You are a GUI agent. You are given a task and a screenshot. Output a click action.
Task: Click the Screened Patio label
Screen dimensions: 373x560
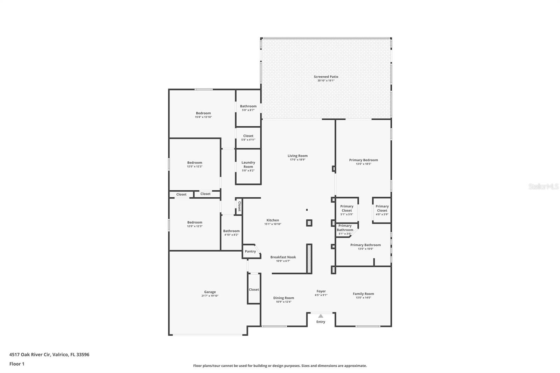(x=326, y=77)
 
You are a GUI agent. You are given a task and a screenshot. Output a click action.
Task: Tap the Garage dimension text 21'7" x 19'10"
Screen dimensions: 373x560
(x=210, y=296)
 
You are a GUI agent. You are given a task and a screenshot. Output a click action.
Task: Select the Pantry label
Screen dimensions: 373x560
(x=250, y=251)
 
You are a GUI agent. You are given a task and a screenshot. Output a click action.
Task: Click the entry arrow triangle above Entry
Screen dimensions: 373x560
(x=321, y=316)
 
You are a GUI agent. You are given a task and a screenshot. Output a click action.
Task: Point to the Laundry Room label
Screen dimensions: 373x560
(x=248, y=164)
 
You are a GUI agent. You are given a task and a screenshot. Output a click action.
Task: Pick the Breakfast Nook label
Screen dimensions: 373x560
(x=283, y=257)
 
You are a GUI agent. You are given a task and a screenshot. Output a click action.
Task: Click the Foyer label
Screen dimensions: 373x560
(x=321, y=291)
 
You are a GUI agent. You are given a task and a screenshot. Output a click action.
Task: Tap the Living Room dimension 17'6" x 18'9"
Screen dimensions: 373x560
(x=297, y=160)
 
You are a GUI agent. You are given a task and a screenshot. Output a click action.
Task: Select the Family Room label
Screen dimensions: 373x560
(x=363, y=294)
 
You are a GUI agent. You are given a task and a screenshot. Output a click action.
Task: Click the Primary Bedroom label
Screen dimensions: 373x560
(x=363, y=160)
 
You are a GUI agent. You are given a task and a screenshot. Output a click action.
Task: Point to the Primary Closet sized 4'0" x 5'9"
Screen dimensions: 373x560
(x=382, y=209)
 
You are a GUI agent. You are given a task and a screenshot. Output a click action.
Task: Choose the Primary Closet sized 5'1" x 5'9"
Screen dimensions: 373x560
(x=346, y=209)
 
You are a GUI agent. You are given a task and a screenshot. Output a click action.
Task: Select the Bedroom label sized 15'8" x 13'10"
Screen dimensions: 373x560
(x=203, y=113)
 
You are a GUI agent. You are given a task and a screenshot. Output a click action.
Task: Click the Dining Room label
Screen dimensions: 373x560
(x=283, y=298)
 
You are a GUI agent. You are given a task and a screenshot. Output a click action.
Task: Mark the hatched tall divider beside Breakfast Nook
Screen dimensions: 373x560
(x=309, y=259)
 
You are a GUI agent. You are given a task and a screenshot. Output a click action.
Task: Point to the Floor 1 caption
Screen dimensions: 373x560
(x=17, y=364)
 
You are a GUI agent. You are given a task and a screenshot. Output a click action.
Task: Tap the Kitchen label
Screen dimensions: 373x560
(x=273, y=220)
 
